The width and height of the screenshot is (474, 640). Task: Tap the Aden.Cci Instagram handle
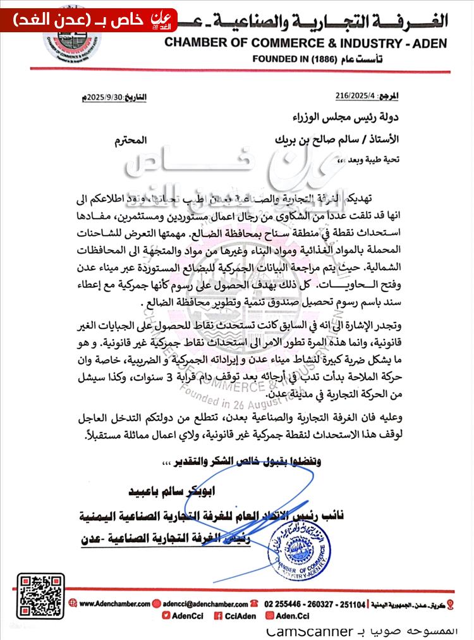[291, 615]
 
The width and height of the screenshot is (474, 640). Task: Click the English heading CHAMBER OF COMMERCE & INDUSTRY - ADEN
[306, 43]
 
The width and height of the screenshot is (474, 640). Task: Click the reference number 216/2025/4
[356, 95]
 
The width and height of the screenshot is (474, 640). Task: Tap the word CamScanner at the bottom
[308, 631]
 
